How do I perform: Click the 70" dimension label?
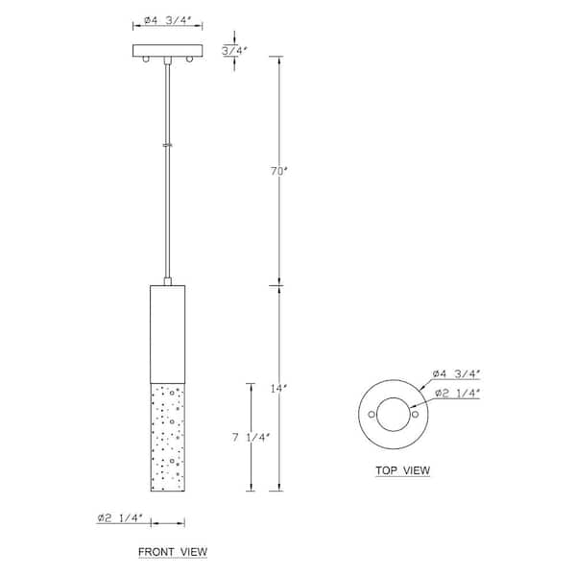(279, 171)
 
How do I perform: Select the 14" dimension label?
(278, 388)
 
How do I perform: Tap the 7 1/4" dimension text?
(252, 438)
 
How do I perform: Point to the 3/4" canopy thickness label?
(234, 50)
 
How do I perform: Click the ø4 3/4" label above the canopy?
(168, 20)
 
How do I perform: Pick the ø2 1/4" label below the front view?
(119, 518)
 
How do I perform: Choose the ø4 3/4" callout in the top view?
(457, 374)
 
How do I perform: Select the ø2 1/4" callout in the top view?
(457, 393)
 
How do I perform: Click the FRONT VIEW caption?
(173, 552)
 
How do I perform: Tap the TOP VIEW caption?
(402, 470)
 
